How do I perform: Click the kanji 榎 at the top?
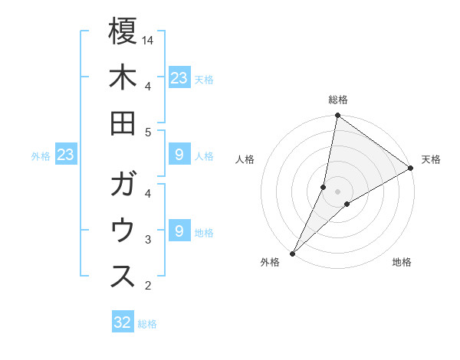point(123,31)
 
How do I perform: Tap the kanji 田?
point(123,124)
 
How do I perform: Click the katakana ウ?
point(123,231)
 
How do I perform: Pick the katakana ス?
point(123,277)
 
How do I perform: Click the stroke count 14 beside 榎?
point(149,40)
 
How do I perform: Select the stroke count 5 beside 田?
point(148,133)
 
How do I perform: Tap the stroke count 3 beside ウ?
point(148,240)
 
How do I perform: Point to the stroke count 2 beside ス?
point(148,286)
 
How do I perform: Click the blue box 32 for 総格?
point(123,322)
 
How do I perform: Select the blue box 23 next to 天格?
point(179,77)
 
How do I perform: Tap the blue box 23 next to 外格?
point(66,155)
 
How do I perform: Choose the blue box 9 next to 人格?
point(179,155)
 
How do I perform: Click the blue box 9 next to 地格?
point(179,231)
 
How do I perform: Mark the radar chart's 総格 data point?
point(337,116)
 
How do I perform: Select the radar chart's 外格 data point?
point(292,253)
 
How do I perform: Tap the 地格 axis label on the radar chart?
point(402,262)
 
